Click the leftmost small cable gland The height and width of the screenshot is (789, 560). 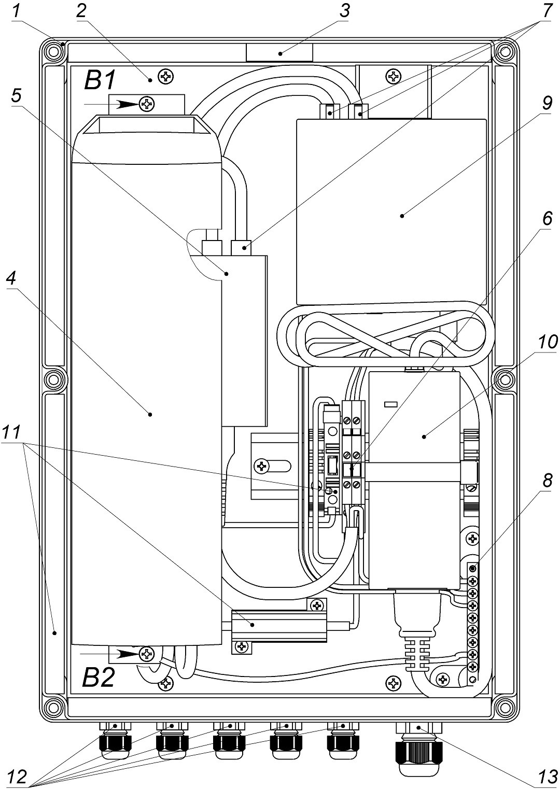115,743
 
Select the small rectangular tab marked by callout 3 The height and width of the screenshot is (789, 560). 279,52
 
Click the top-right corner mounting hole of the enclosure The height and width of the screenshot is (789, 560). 503,52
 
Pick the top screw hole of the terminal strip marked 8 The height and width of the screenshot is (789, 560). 472,569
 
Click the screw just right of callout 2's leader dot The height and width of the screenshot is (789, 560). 166,77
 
